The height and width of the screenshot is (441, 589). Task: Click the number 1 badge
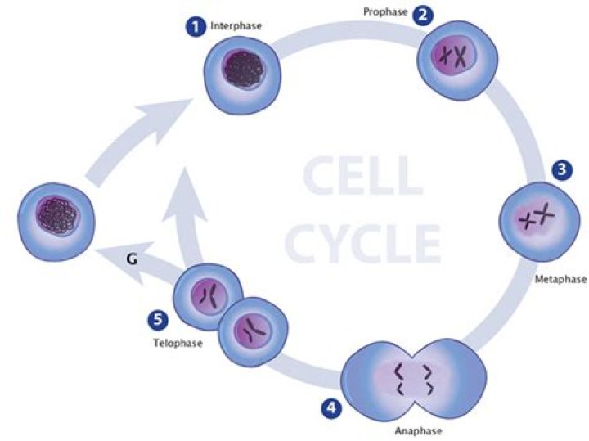[x=195, y=27]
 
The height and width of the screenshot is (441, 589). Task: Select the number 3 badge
[x=562, y=169]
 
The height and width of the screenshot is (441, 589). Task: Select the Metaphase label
[x=560, y=280]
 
